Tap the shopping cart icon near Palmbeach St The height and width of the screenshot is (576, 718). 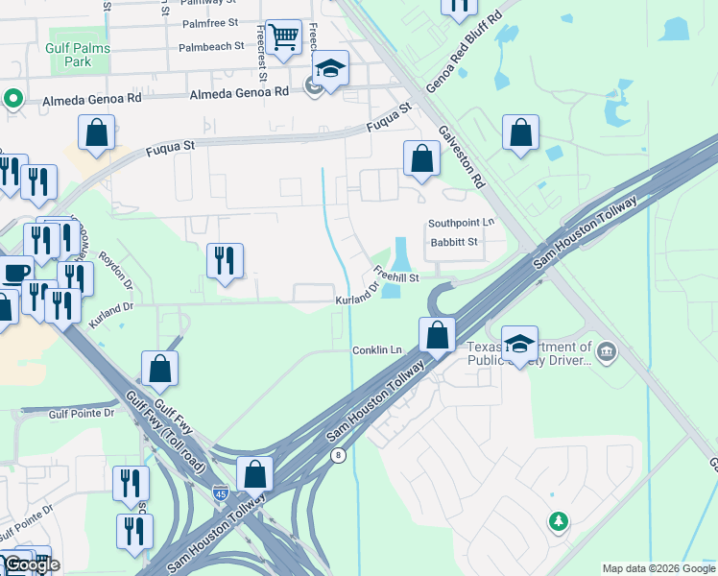pyautogui.click(x=283, y=37)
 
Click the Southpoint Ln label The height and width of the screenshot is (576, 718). pyautogui.click(x=462, y=223)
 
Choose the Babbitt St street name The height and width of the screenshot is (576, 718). pyautogui.click(x=454, y=243)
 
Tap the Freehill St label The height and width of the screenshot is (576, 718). pyautogui.click(x=396, y=275)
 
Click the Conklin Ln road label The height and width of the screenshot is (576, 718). pyautogui.click(x=376, y=349)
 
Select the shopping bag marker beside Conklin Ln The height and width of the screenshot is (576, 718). pyautogui.click(x=437, y=336)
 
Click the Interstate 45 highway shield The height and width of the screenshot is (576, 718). pyautogui.click(x=221, y=492)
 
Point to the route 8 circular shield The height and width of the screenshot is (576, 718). pyautogui.click(x=338, y=456)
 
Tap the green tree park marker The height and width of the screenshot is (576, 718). pyautogui.click(x=558, y=521)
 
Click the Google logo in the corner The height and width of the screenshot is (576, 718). pyautogui.click(x=32, y=564)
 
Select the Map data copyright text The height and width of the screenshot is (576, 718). pyautogui.click(x=658, y=568)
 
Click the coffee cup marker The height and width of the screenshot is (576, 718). pyautogui.click(x=14, y=272)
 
